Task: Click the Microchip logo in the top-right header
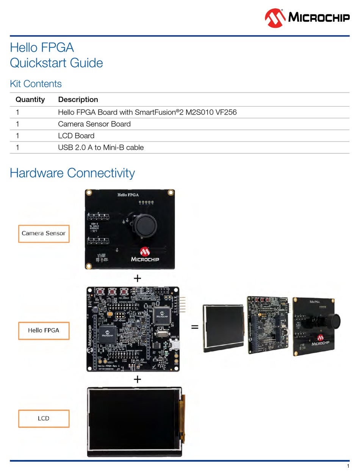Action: pyautogui.click(x=307, y=17)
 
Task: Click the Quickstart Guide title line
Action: pyautogui.click(x=56, y=63)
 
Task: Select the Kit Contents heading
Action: pyautogui.click(x=35, y=83)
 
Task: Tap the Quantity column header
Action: pyautogui.click(x=30, y=99)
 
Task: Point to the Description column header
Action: pyautogui.click(x=78, y=99)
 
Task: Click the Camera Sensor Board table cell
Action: pyautogui.click(x=94, y=124)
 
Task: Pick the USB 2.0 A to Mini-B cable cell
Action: pyautogui.click(x=101, y=148)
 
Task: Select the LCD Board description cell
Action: pyautogui.click(x=76, y=135)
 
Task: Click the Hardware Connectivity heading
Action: pyautogui.click(x=72, y=173)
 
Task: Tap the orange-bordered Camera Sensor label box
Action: pyautogui.click(x=44, y=233)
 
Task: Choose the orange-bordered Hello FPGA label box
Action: pyautogui.click(x=44, y=330)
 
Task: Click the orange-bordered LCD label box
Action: pyautogui.click(x=44, y=418)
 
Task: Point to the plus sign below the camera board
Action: pyautogui.click(x=137, y=279)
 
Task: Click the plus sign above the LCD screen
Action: pyautogui.click(x=137, y=379)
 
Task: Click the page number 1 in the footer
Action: pyautogui.click(x=347, y=466)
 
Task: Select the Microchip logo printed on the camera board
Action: pyautogui.click(x=145, y=255)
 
